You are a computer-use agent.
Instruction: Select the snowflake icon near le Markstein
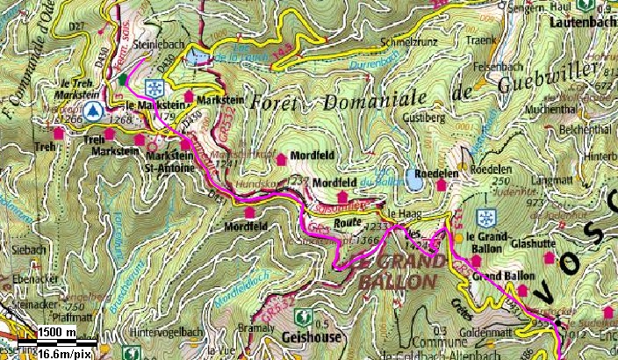(154, 88)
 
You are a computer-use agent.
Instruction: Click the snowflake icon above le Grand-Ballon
(484, 217)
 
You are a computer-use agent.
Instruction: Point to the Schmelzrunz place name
(408, 41)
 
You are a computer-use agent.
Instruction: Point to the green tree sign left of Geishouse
(304, 315)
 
